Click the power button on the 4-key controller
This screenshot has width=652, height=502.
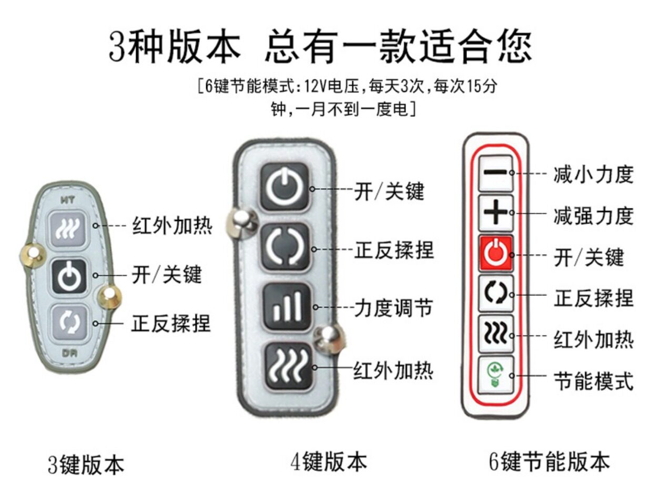[x=285, y=187]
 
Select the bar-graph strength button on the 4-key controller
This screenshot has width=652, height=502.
[x=287, y=306]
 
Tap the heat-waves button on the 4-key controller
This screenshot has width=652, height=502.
[x=287, y=365]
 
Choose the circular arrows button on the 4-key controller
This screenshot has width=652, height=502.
[x=286, y=246]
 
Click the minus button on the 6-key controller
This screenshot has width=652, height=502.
[x=495, y=173]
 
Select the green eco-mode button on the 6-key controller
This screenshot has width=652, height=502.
[x=495, y=375]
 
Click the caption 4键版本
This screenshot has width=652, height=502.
[x=329, y=462]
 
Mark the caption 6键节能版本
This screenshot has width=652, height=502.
[x=549, y=461]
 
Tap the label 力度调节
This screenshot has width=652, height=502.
[x=393, y=308]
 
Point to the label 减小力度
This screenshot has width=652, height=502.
[x=593, y=174]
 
